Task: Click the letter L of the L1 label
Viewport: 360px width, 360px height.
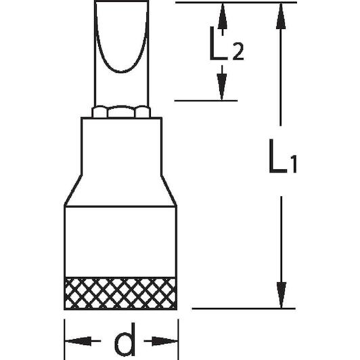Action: tap(278, 156)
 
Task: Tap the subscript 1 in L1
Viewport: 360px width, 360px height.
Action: tap(294, 164)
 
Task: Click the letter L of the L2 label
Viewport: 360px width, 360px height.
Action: tap(218, 43)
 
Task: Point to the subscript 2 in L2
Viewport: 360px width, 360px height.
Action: tap(238, 52)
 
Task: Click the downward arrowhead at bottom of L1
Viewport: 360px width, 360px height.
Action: tap(282, 295)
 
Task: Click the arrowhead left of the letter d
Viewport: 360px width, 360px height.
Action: tap(78, 341)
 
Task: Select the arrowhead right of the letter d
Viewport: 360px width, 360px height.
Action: tap(164, 341)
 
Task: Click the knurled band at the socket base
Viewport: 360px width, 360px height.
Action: tap(120, 294)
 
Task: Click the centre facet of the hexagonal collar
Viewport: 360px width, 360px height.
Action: tap(121, 112)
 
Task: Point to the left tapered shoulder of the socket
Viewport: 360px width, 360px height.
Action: tap(73, 190)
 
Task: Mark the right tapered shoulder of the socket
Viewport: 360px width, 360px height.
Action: tap(168, 190)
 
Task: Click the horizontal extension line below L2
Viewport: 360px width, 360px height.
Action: tap(206, 101)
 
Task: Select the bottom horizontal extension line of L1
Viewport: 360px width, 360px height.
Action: tap(244, 309)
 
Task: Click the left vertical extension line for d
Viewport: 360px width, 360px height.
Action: tap(64, 339)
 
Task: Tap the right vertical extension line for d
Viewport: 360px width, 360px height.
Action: tap(178, 339)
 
